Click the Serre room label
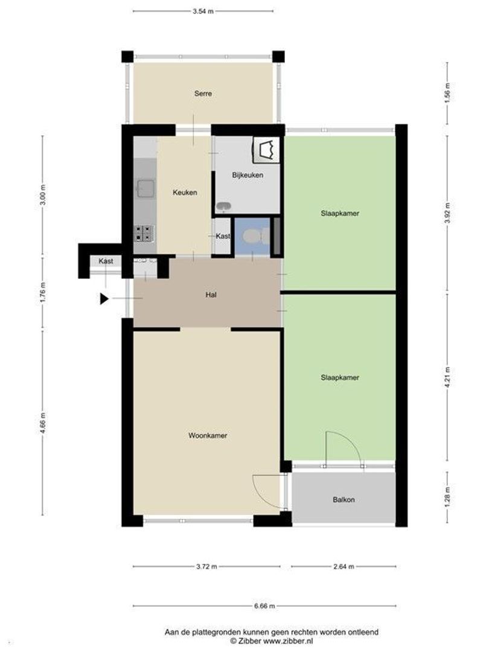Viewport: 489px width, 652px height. [203, 94]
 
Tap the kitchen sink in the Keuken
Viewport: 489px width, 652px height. [146, 188]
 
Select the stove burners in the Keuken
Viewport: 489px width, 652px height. [144, 234]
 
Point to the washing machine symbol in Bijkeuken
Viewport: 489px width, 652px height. [266, 150]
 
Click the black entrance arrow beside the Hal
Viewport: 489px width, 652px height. [104, 299]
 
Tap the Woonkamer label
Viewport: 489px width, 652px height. [208, 435]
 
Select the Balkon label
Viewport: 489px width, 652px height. [344, 500]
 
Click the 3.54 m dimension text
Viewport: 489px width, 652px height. [203, 11]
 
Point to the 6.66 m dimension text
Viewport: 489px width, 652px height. [264, 606]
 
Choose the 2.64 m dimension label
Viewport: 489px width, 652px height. [344, 566]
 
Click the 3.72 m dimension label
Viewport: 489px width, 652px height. [206, 566]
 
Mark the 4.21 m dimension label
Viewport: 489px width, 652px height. [447, 377]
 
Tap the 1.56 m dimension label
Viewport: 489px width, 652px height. [447, 93]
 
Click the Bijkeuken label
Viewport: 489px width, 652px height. [248, 175]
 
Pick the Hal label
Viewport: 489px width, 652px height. [211, 295]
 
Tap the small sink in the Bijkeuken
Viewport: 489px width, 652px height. [224, 206]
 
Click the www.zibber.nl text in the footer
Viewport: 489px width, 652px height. [288, 641]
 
